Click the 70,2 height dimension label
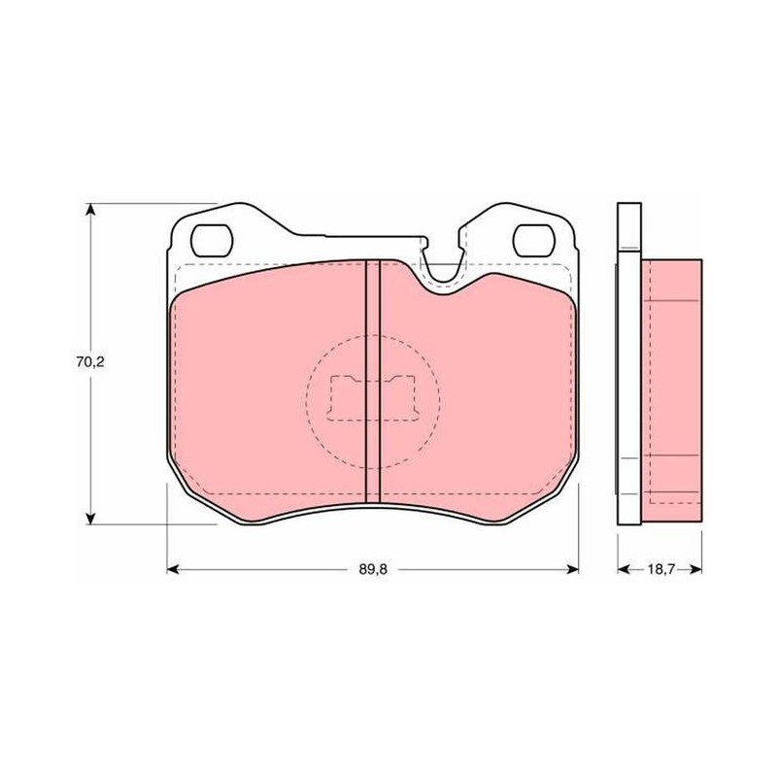coord(90,362)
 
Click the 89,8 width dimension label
coord(373,569)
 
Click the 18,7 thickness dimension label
coord(660,569)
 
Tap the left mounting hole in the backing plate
coord(212,240)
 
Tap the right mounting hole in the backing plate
coord(533,240)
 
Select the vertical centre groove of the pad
coord(373,382)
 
